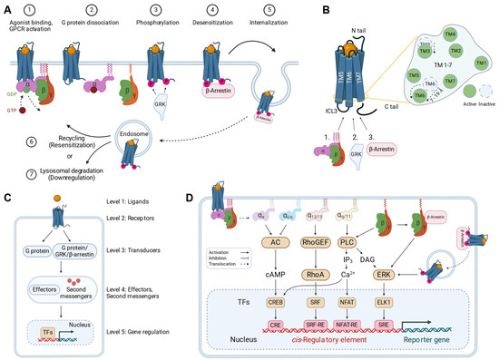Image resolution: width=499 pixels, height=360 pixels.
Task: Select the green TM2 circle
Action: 455,50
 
